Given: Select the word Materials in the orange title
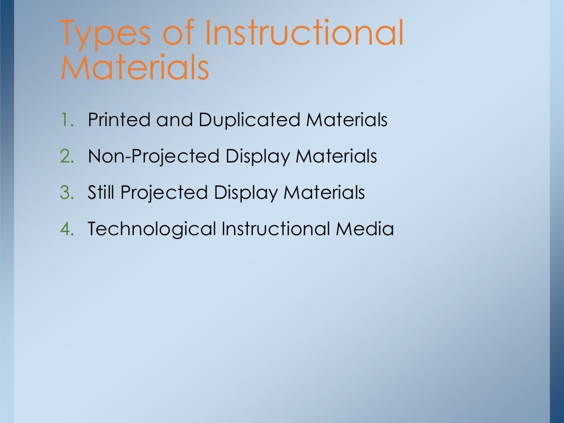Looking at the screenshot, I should pos(135,68).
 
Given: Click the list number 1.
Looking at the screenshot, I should pos(67,120).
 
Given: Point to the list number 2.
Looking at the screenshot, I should pos(67,156).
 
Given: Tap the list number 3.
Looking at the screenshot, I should pos(67,193).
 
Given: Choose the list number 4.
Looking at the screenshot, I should pos(67,229).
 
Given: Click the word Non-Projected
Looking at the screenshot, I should pos(154,157).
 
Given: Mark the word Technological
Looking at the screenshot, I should pos(151,229).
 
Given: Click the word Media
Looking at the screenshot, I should pos(365,229).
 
